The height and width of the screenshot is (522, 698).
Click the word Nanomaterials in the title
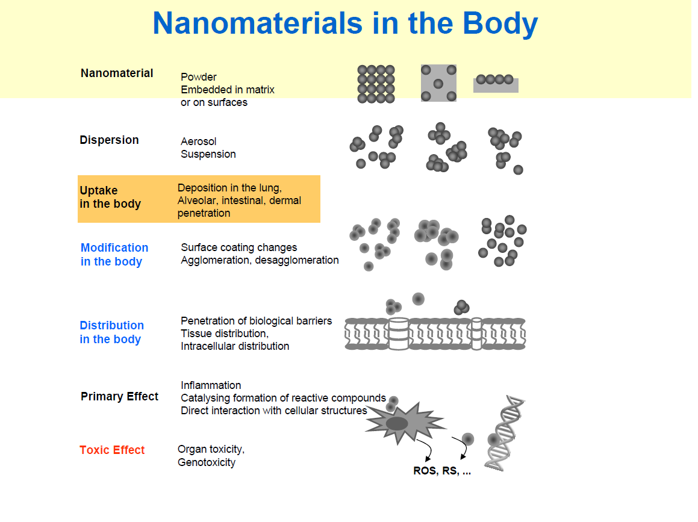coord(258,23)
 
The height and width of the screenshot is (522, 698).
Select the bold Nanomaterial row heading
coord(117,73)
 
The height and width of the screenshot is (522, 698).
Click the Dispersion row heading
coord(109,140)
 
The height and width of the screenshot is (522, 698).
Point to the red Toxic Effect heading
coord(112,450)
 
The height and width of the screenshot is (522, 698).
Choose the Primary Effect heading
coord(119,396)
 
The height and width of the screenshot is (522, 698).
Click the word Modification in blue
coord(114,247)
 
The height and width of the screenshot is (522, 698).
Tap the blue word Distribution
coord(112,325)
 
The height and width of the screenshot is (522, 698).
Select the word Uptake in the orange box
coord(99,191)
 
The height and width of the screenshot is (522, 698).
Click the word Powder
coord(199,77)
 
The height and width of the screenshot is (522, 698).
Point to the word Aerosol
coord(199,141)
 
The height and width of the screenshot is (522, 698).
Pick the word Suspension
coord(208,154)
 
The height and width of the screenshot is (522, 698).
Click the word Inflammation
coord(211,385)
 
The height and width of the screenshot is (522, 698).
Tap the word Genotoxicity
coord(207,462)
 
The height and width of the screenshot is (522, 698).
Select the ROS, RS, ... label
coord(442,471)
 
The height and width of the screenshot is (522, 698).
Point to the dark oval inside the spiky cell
coord(397,424)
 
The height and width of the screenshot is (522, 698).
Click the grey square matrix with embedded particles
coord(438,82)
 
